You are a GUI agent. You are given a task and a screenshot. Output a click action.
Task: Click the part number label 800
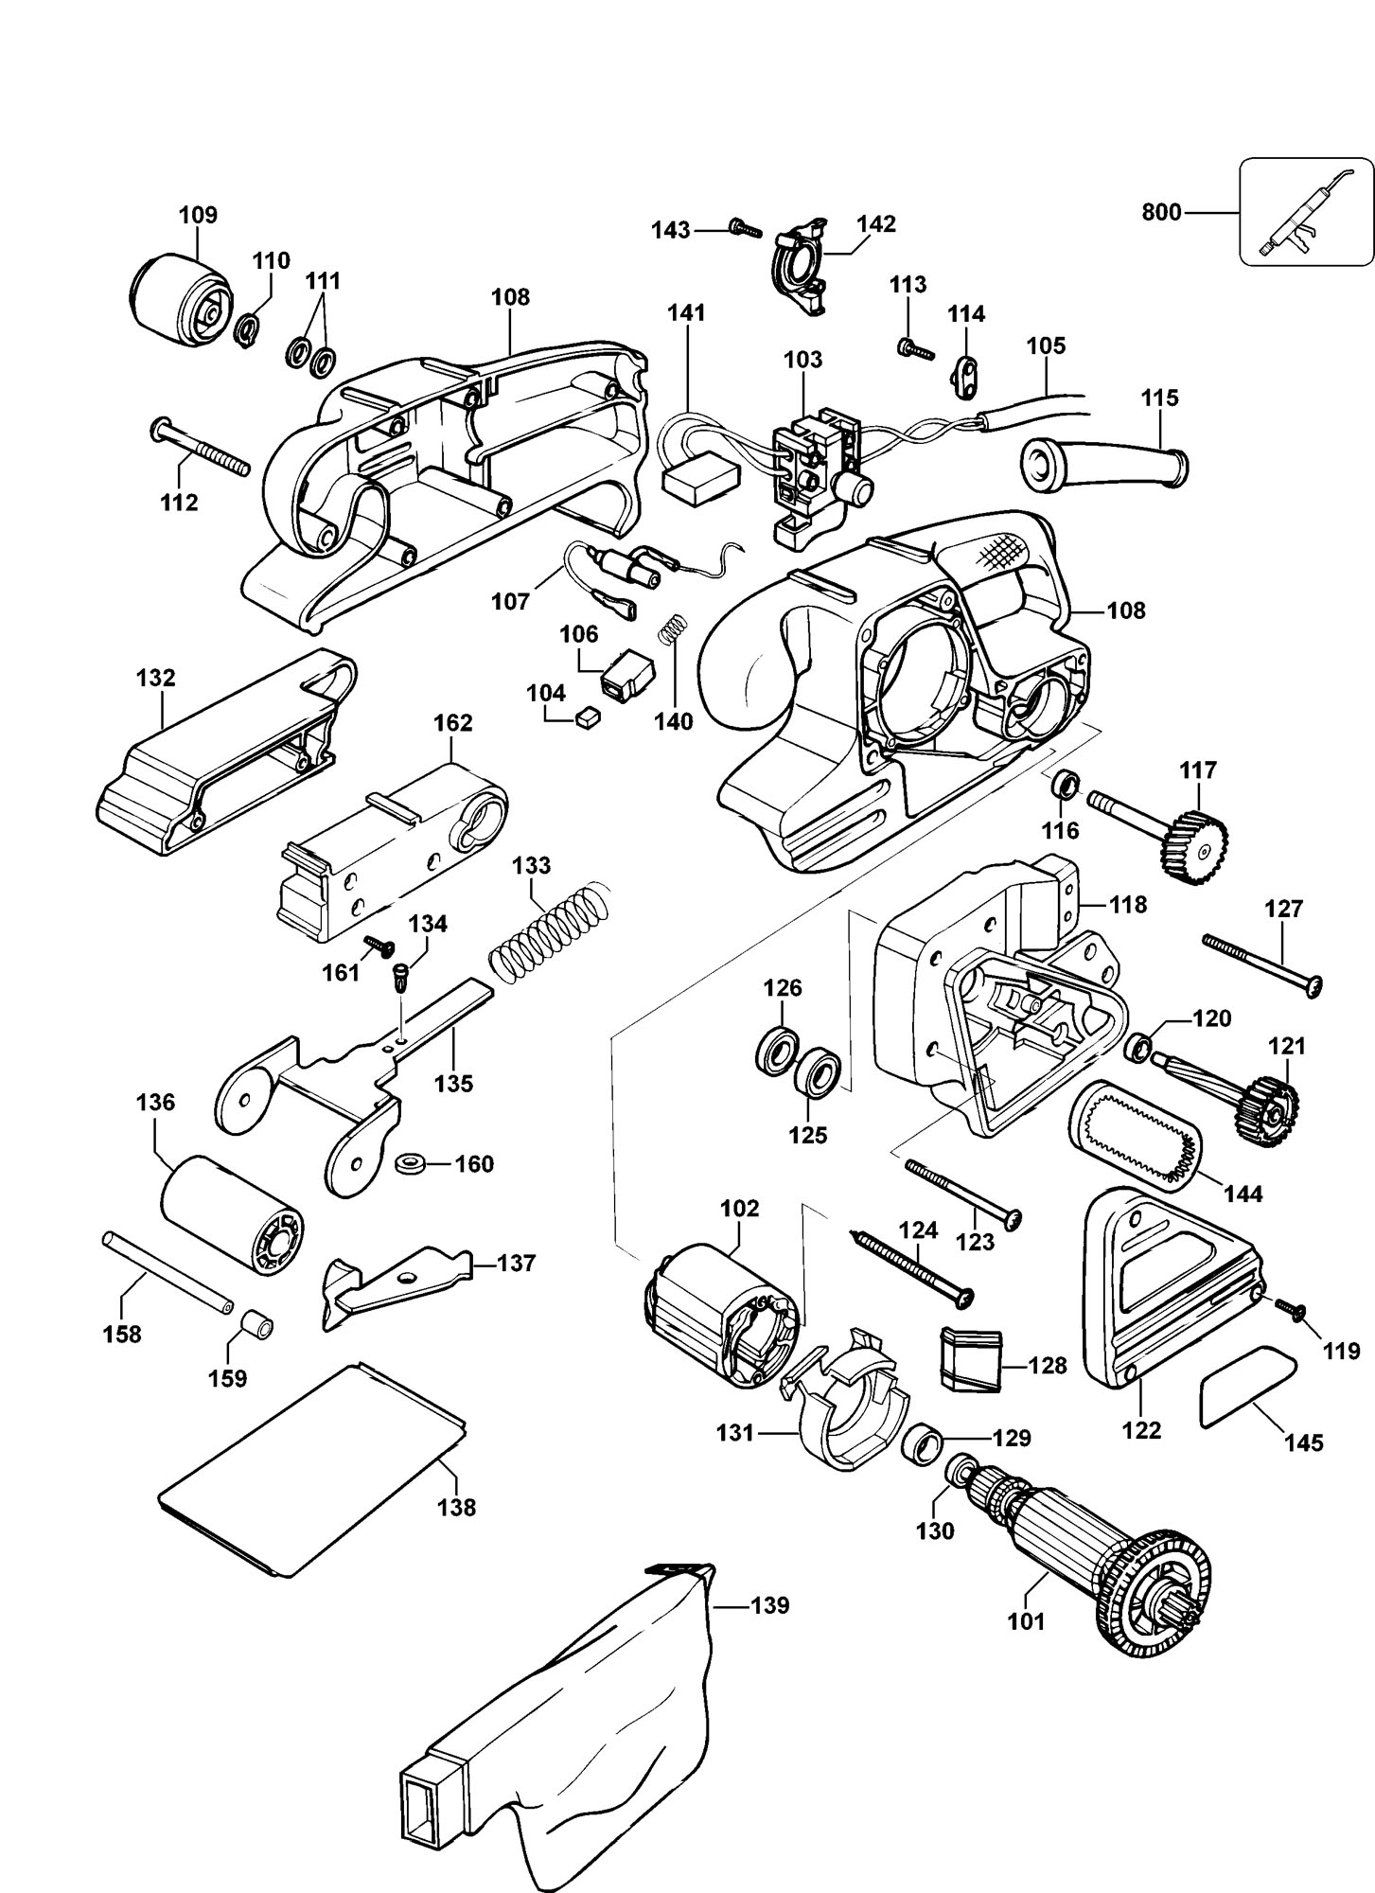coord(1160,212)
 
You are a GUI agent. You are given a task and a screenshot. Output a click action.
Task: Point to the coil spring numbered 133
coord(548,931)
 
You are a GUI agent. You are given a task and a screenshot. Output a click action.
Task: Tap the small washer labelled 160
coord(413,1162)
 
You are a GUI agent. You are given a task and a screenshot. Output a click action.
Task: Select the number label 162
coord(452,723)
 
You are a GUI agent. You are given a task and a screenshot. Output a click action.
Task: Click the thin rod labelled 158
coord(167,1271)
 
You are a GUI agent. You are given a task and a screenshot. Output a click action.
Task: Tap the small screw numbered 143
coord(746,227)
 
